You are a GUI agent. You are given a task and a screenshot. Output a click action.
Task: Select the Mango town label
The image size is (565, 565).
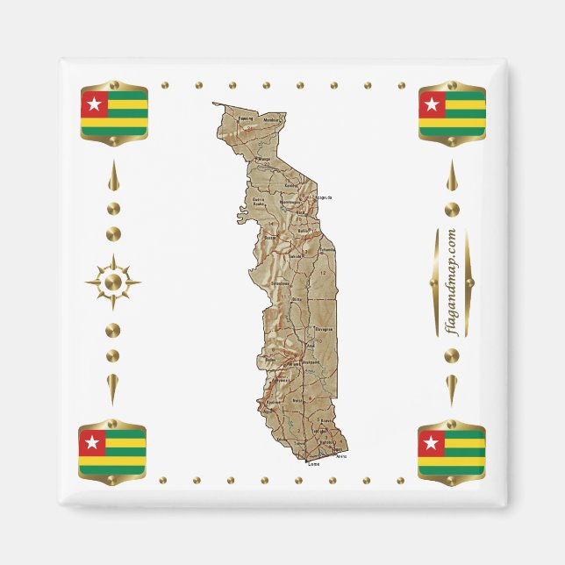coord(263,159)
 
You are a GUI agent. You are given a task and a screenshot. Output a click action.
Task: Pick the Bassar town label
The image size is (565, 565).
coord(270,237)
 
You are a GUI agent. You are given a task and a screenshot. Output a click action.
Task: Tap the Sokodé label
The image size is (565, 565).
coord(296,255)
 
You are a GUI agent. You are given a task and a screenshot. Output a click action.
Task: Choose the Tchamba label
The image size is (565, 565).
coord(327,249)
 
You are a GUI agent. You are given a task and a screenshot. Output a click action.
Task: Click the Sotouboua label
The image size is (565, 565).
coord(281,284)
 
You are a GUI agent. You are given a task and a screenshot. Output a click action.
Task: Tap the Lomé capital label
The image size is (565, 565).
coord(314,462)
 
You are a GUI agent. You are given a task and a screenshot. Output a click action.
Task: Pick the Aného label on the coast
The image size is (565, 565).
coord(341,456)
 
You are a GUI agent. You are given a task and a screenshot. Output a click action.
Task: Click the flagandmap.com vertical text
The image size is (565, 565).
coord(452,282)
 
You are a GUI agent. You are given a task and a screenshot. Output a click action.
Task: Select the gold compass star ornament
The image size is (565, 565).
coord(112,282)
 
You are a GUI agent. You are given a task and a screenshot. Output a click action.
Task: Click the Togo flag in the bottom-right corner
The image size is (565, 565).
coord(452,451)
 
